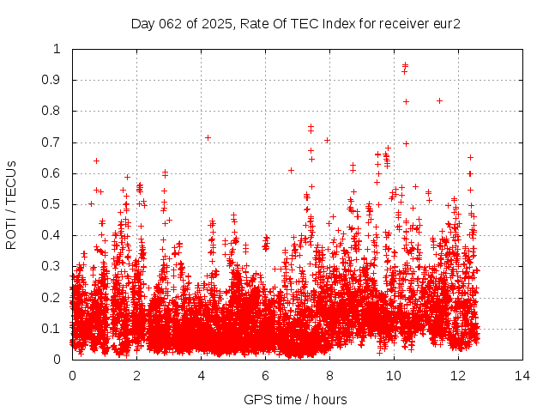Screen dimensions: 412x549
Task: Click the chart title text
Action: [296, 23]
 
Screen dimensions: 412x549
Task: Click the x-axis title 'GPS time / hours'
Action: [296, 399]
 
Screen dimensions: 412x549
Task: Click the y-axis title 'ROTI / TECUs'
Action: [12, 204]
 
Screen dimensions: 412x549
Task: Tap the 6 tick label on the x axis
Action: [265, 375]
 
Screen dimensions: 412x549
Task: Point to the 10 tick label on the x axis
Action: [394, 375]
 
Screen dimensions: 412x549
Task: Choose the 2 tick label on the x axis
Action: [136, 375]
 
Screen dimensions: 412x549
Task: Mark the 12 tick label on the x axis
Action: [458, 375]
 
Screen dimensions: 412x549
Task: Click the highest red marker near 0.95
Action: [405, 64]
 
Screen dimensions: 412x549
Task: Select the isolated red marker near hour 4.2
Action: [208, 137]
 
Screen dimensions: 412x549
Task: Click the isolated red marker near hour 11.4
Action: [439, 100]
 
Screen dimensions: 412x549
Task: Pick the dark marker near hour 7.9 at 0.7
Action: [327, 140]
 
